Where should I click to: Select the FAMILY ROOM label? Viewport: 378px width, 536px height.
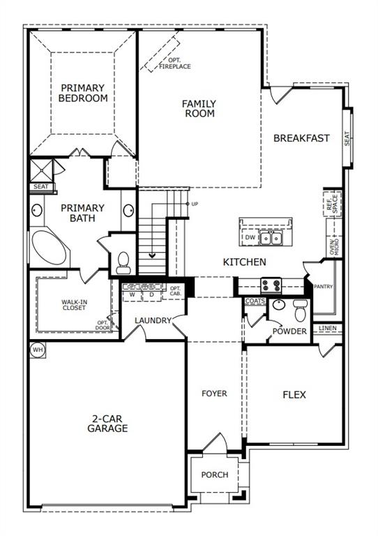click(199, 108)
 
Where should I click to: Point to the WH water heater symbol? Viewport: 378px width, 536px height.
click(36, 349)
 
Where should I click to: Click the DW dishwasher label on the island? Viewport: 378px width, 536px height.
click(250, 238)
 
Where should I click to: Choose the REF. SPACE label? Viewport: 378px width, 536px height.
click(333, 204)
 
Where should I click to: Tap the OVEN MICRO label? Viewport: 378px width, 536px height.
click(333, 246)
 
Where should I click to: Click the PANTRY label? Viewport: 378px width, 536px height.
click(324, 286)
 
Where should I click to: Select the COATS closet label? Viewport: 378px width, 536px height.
click(255, 301)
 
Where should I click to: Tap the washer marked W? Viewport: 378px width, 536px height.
click(132, 295)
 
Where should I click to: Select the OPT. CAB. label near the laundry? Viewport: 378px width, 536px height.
click(175, 292)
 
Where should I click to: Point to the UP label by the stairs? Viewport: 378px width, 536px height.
click(194, 204)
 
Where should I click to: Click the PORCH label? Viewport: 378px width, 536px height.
click(214, 475)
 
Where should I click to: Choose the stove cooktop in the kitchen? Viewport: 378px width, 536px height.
click(271, 284)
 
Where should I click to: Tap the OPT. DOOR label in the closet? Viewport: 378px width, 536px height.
click(102, 325)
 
